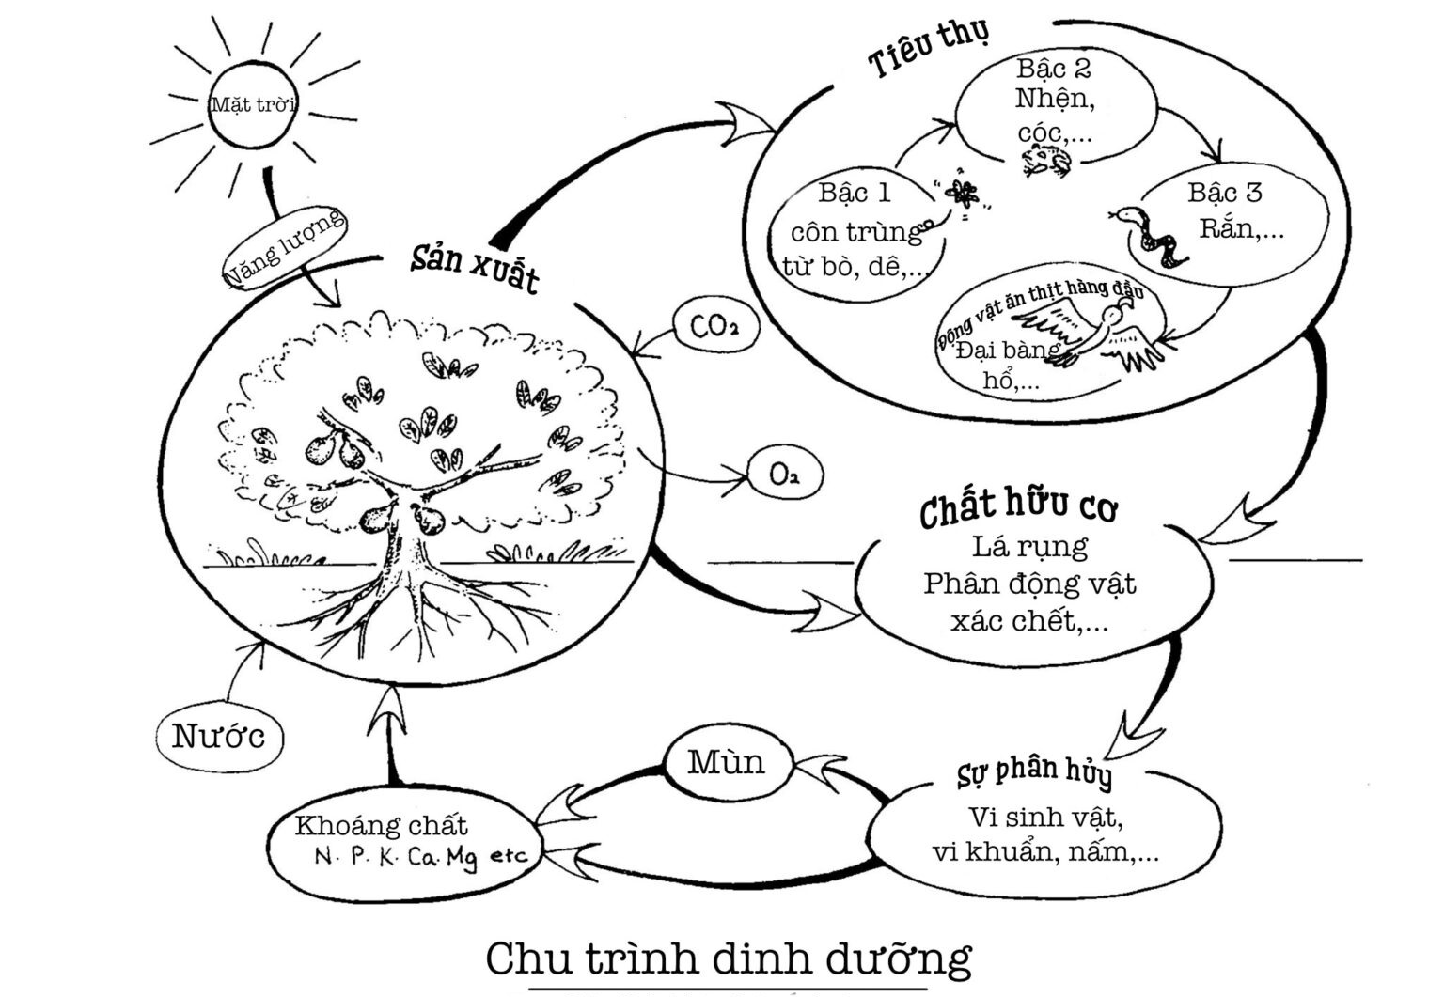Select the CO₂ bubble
pos(714,327)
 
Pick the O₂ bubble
pos(783,475)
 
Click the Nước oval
pos(218,736)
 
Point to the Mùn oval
pos(726,761)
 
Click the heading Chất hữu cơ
pos(1018,507)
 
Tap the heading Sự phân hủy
pos(1033,771)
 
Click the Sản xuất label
pos(475,266)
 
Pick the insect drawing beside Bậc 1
pos(959,197)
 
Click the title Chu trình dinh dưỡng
pos(728,958)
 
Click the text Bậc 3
pos(1224,193)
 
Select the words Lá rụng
pos(1029,545)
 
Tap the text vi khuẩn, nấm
pos(1044,852)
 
